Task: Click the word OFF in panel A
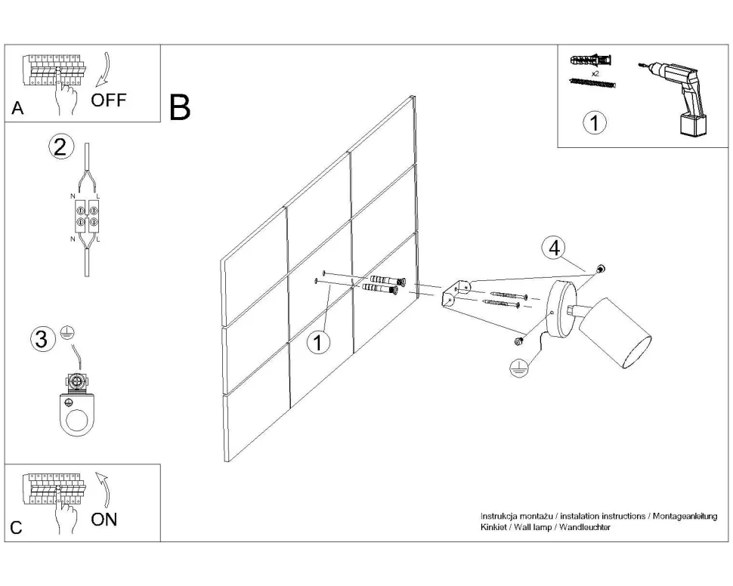point(110,100)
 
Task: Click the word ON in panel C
point(104,520)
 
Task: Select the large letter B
point(180,108)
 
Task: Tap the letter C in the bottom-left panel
point(17,528)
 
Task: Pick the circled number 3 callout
point(43,340)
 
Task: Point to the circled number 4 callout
point(555,247)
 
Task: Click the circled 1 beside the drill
point(595,123)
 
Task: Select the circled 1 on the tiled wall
point(319,342)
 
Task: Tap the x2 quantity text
point(595,74)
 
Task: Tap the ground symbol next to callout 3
point(66,333)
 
